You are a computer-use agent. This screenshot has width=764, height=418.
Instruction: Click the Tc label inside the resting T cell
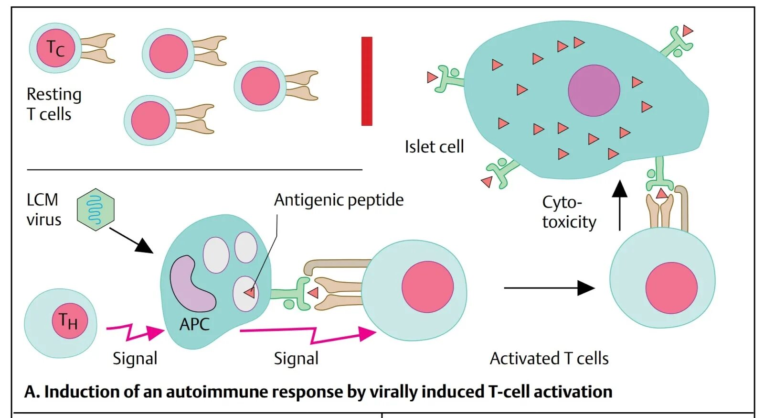coord(55,48)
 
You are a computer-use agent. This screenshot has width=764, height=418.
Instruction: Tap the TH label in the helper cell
coord(68,320)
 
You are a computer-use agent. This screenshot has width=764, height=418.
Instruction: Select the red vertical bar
coord(367,81)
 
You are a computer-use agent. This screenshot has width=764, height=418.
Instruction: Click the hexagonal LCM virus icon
coord(95,209)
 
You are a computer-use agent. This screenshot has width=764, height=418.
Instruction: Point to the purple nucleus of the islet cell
coord(594,90)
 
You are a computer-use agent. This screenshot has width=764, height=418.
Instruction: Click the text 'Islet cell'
coord(434,147)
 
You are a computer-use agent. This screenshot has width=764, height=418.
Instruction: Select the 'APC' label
coord(194,324)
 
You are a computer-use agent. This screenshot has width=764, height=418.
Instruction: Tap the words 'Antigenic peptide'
coord(339,200)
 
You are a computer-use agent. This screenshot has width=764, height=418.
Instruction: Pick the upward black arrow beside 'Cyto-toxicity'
coord(620,206)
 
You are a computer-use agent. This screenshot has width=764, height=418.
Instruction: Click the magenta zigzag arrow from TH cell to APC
coord(135,331)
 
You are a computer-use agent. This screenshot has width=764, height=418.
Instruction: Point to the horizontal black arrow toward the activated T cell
coord(549,288)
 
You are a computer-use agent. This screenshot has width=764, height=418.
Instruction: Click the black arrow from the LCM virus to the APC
coord(131,240)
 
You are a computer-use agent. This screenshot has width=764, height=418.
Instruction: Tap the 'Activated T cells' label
coord(549,358)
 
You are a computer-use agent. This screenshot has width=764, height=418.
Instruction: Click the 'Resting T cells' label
coord(53,104)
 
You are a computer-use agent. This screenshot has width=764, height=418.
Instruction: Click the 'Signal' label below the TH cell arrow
coord(135,358)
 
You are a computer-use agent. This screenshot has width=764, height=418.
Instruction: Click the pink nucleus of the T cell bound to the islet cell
coord(671,288)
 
